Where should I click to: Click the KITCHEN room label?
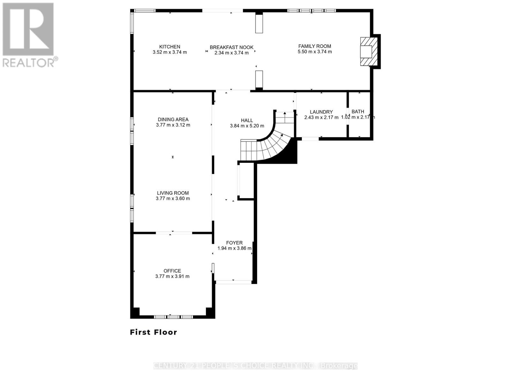coord(170,47)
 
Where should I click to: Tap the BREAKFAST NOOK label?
coord(232,47)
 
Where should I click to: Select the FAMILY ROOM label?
coord(315,46)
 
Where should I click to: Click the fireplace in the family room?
coord(369,51)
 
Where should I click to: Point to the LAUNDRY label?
coord(321,112)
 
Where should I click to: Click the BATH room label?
coord(358,111)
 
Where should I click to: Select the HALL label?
coord(247,120)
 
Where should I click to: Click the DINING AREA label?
coord(173,119)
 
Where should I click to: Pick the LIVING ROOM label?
coord(173,193)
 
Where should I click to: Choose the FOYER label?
coord(234,243)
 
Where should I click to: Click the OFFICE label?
coord(172,271)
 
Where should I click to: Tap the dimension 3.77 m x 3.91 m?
coord(172,276)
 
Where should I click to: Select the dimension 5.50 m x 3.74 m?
coord(315,52)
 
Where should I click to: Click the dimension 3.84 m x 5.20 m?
coord(247,126)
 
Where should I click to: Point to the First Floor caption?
coord(153,332)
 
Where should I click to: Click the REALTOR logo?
coord(29,35)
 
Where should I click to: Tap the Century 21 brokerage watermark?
coord(256,366)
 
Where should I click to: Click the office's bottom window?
coord(173,317)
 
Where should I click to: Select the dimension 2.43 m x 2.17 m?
coord(321,117)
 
